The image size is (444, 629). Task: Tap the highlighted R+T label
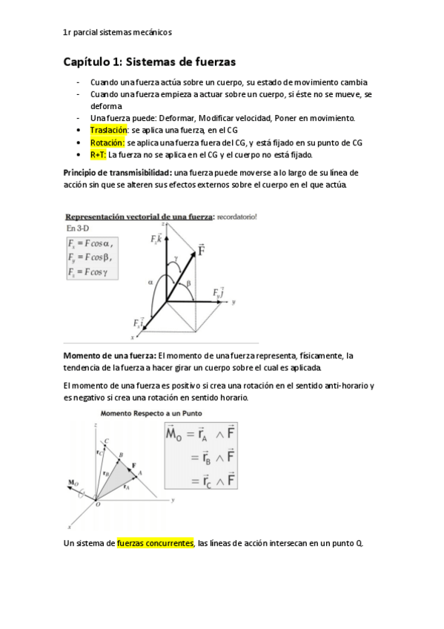(98, 155)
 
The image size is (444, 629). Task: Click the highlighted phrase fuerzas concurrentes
(155, 543)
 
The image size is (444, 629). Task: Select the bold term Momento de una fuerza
(109, 356)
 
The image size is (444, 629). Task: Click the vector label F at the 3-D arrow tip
(202, 251)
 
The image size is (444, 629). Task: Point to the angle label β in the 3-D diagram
(190, 283)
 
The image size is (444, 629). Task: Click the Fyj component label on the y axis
(219, 294)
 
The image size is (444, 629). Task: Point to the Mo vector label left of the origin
(73, 483)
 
